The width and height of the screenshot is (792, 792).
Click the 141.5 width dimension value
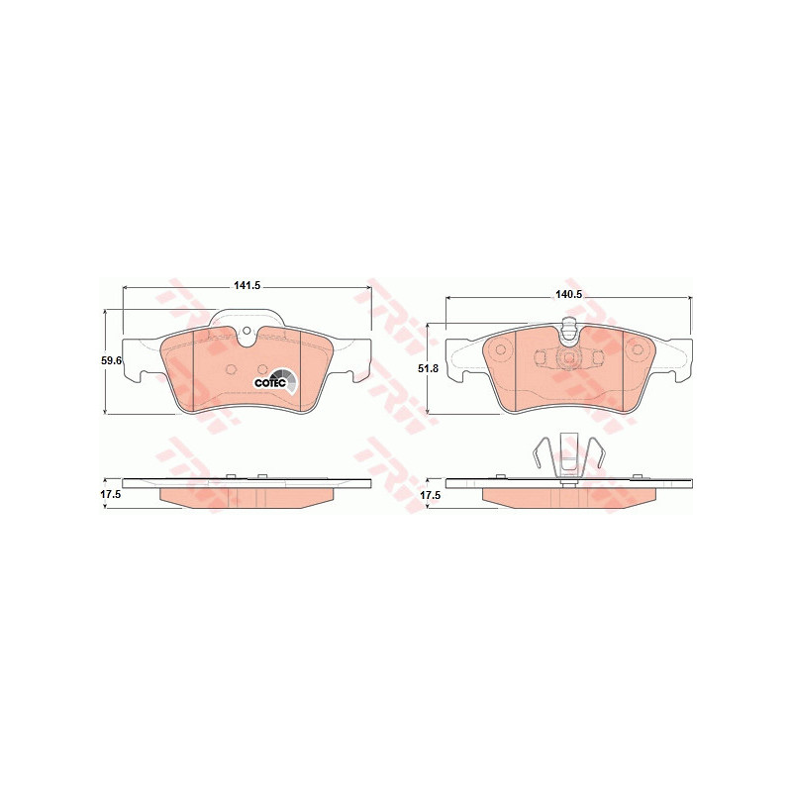(247, 285)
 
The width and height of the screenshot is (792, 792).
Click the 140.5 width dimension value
(569, 295)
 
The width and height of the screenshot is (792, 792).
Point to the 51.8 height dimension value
(430, 368)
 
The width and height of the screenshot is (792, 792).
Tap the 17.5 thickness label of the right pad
(431, 496)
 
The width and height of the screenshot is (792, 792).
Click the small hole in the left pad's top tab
(247, 331)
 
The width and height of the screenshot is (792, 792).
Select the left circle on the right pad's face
(501, 349)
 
